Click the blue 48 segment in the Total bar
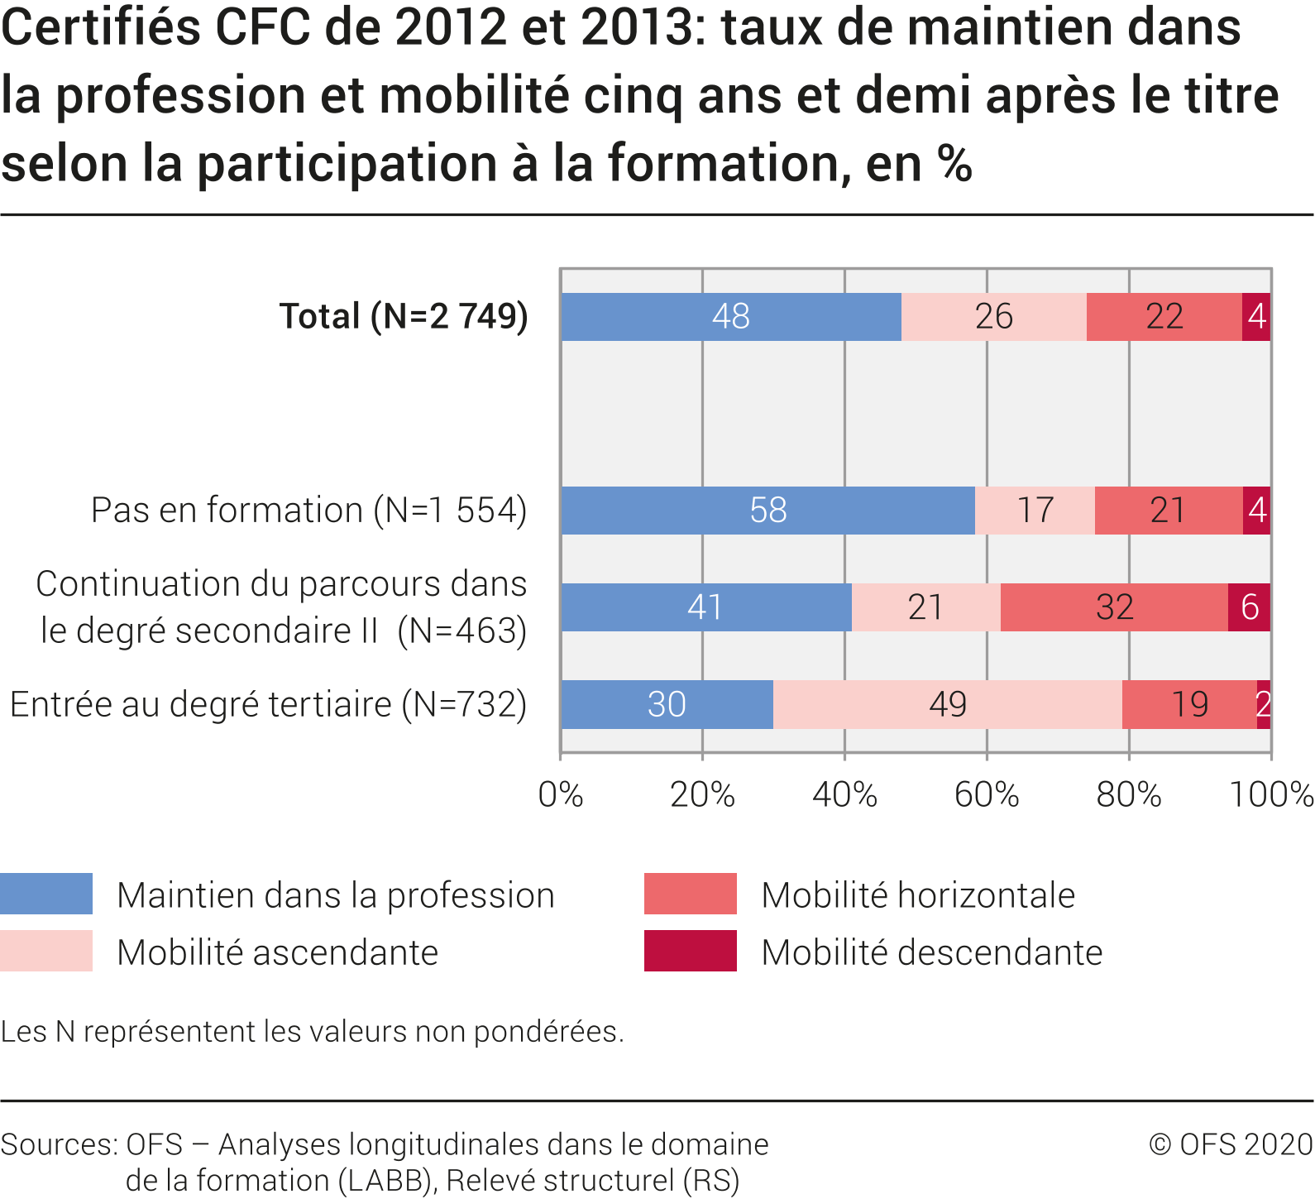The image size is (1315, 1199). [x=731, y=317]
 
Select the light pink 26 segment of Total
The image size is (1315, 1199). [x=993, y=317]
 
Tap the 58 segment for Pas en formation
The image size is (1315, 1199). [x=767, y=511]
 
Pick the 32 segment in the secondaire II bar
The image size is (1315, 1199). [x=1114, y=607]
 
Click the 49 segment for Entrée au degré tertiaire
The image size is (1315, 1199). [x=947, y=705]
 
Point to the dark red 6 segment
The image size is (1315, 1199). [x=1250, y=607]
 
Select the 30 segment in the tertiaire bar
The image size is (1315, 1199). [x=667, y=705]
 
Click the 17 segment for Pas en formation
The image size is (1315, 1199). [x=1035, y=511]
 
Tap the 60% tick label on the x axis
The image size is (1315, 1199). [x=987, y=795]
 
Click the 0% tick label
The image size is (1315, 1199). [x=561, y=795]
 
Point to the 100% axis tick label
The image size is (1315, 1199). [x=1271, y=795]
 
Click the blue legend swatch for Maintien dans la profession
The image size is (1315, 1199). [x=46, y=894]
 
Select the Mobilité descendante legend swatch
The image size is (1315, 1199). [x=690, y=951]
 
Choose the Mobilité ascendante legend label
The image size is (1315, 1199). [x=277, y=952]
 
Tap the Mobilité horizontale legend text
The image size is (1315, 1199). [x=918, y=895]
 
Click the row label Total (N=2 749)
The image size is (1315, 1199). [x=404, y=316]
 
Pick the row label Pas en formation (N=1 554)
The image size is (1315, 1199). [x=308, y=511]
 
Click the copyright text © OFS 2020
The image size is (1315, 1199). [x=1231, y=1144]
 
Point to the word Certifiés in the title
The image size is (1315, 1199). [x=100, y=26]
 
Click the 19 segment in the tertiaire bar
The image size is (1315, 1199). [x=1189, y=705]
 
